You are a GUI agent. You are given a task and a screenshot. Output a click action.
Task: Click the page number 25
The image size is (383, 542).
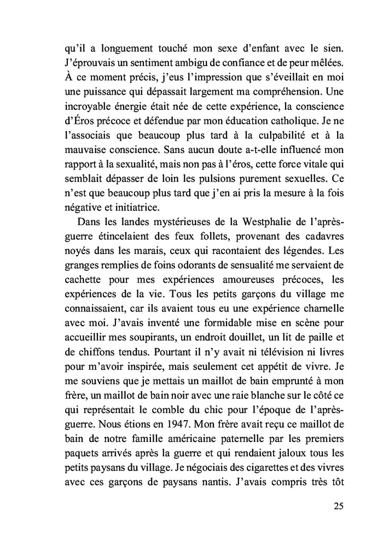pos(338,505)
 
